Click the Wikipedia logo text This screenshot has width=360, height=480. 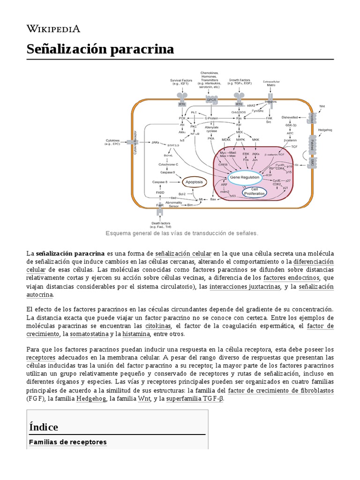point(53,29)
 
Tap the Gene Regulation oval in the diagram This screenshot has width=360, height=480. point(243,177)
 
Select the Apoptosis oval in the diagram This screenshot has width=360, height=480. point(194,181)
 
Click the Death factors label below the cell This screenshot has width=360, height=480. point(160,225)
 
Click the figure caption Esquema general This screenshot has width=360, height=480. point(182,233)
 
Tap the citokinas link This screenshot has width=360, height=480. point(158,325)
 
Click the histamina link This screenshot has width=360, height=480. point(136,334)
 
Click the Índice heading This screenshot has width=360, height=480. point(44,427)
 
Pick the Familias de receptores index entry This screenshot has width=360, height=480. point(68,442)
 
